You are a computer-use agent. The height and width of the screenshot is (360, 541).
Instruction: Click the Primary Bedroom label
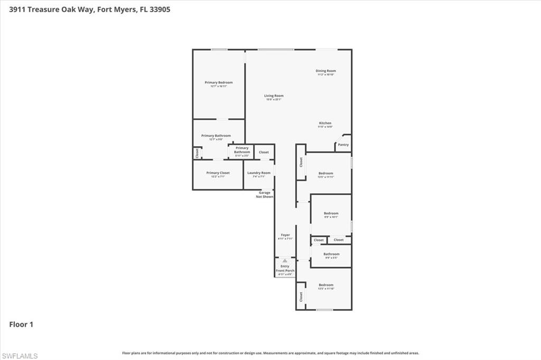tap(219, 83)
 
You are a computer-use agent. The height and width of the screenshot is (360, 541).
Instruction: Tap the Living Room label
tap(274, 96)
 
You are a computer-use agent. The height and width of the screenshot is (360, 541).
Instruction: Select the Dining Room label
tap(325, 71)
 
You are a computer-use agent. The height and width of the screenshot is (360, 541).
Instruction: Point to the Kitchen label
tap(325, 124)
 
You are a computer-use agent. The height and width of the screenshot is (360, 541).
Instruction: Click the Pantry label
tap(343, 145)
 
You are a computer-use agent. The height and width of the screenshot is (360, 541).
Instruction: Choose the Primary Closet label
tap(218, 173)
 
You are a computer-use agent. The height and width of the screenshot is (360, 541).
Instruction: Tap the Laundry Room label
tap(258, 173)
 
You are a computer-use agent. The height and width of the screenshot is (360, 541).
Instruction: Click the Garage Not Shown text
tap(264, 195)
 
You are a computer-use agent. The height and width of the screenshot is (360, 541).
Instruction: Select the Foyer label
tap(285, 235)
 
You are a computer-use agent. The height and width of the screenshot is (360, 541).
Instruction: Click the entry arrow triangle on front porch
tap(285, 261)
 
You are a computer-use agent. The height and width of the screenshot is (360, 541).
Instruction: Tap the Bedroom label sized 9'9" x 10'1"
tap(331, 213)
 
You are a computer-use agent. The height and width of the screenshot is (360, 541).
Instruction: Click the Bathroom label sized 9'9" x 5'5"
tap(331, 254)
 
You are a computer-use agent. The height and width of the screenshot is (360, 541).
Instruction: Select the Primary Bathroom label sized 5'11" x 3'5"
tap(242, 150)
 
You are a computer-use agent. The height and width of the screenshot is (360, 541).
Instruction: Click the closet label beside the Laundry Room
tap(264, 152)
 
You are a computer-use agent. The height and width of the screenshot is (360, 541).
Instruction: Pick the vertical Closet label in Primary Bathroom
tap(197, 153)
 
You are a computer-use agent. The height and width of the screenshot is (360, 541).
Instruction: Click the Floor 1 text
tap(21, 325)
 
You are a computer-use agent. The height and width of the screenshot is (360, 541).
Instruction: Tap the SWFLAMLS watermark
tap(20, 356)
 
